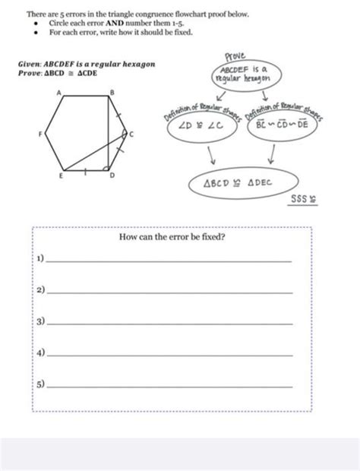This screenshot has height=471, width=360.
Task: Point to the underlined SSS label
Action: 299,201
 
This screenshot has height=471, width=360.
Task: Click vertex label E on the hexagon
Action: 61,175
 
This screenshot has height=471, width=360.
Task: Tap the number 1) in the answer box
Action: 40,260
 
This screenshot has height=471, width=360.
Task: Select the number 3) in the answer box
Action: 40,323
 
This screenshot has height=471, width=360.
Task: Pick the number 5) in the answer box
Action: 40,386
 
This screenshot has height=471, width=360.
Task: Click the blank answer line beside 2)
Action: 169,292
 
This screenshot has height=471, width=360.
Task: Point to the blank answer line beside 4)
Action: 169,356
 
